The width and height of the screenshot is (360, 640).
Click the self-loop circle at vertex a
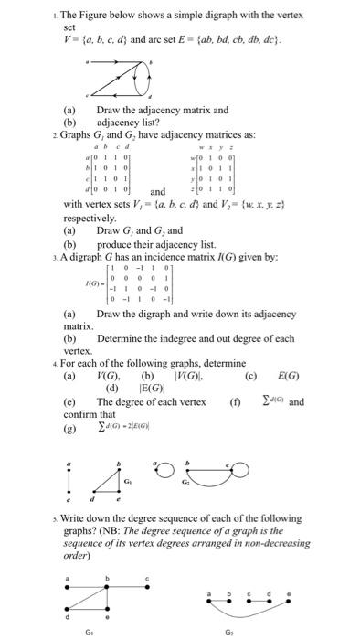coord(165,472)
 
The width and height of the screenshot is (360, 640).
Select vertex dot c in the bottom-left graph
coord(149,585)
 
